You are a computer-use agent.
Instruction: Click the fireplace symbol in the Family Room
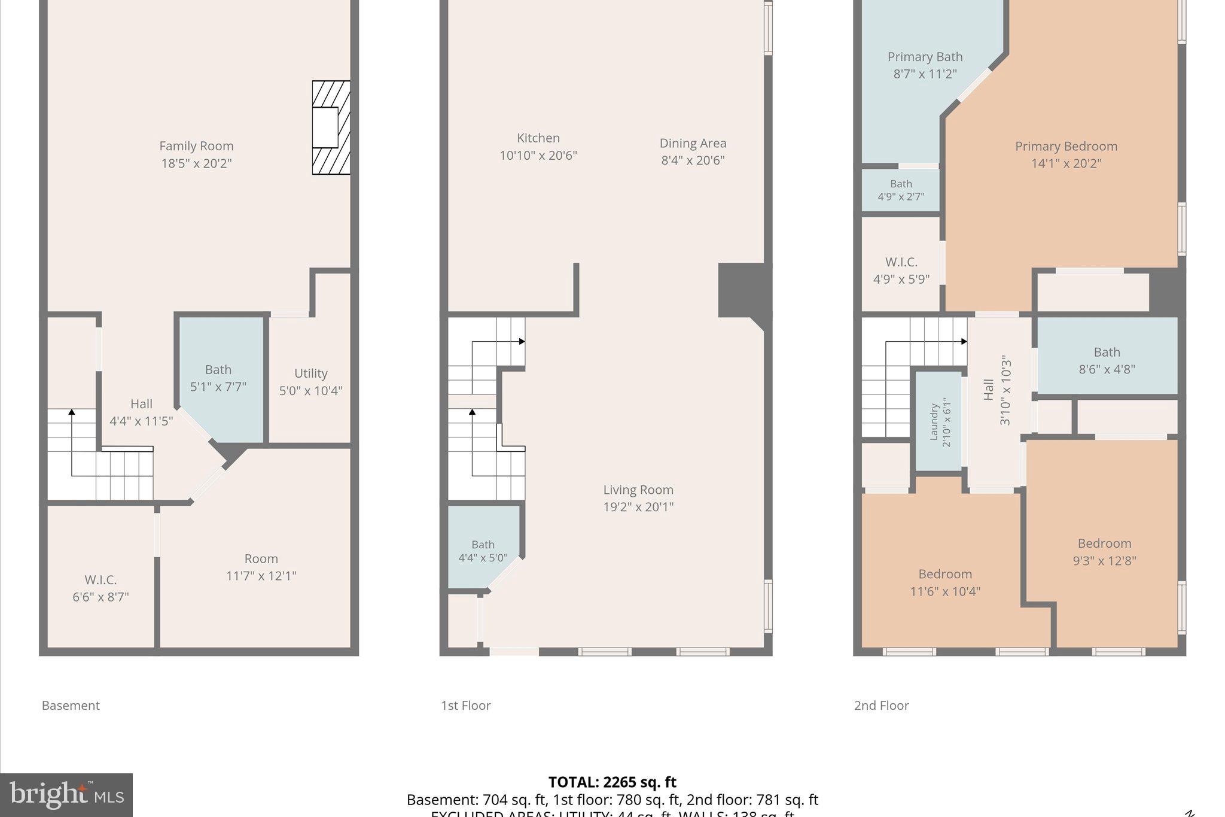pyautogui.click(x=331, y=127)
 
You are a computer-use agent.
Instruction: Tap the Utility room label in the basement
pyautogui.click(x=310, y=373)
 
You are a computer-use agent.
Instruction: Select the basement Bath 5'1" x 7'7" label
pyautogui.click(x=218, y=378)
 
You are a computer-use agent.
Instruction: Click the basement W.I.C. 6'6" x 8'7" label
pyautogui.click(x=100, y=588)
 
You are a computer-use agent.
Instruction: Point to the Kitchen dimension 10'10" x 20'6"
pyautogui.click(x=538, y=156)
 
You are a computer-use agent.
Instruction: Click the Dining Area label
pyautogui.click(x=693, y=144)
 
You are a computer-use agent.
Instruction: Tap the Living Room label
pyautogui.click(x=638, y=490)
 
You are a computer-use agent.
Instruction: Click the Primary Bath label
pyautogui.click(x=925, y=57)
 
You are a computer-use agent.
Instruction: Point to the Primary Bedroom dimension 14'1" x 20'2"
pyautogui.click(x=1066, y=163)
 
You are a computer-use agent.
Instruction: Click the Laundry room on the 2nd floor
pyautogui.click(x=938, y=422)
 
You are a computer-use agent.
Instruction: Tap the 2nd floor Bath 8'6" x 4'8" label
pyautogui.click(x=1107, y=360)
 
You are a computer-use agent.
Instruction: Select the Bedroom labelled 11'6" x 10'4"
pyautogui.click(x=944, y=582)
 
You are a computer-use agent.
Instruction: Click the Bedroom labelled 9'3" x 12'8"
pyautogui.click(x=1104, y=552)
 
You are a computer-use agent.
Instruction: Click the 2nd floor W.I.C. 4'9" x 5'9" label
pyautogui.click(x=901, y=271)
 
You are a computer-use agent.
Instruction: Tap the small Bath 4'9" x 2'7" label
pyautogui.click(x=901, y=190)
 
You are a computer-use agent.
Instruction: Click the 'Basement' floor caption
pyautogui.click(x=71, y=706)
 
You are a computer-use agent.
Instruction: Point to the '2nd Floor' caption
pyautogui.click(x=881, y=706)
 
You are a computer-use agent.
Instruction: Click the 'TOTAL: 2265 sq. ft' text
pyautogui.click(x=612, y=782)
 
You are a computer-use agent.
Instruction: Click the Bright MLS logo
pyautogui.click(x=66, y=795)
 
